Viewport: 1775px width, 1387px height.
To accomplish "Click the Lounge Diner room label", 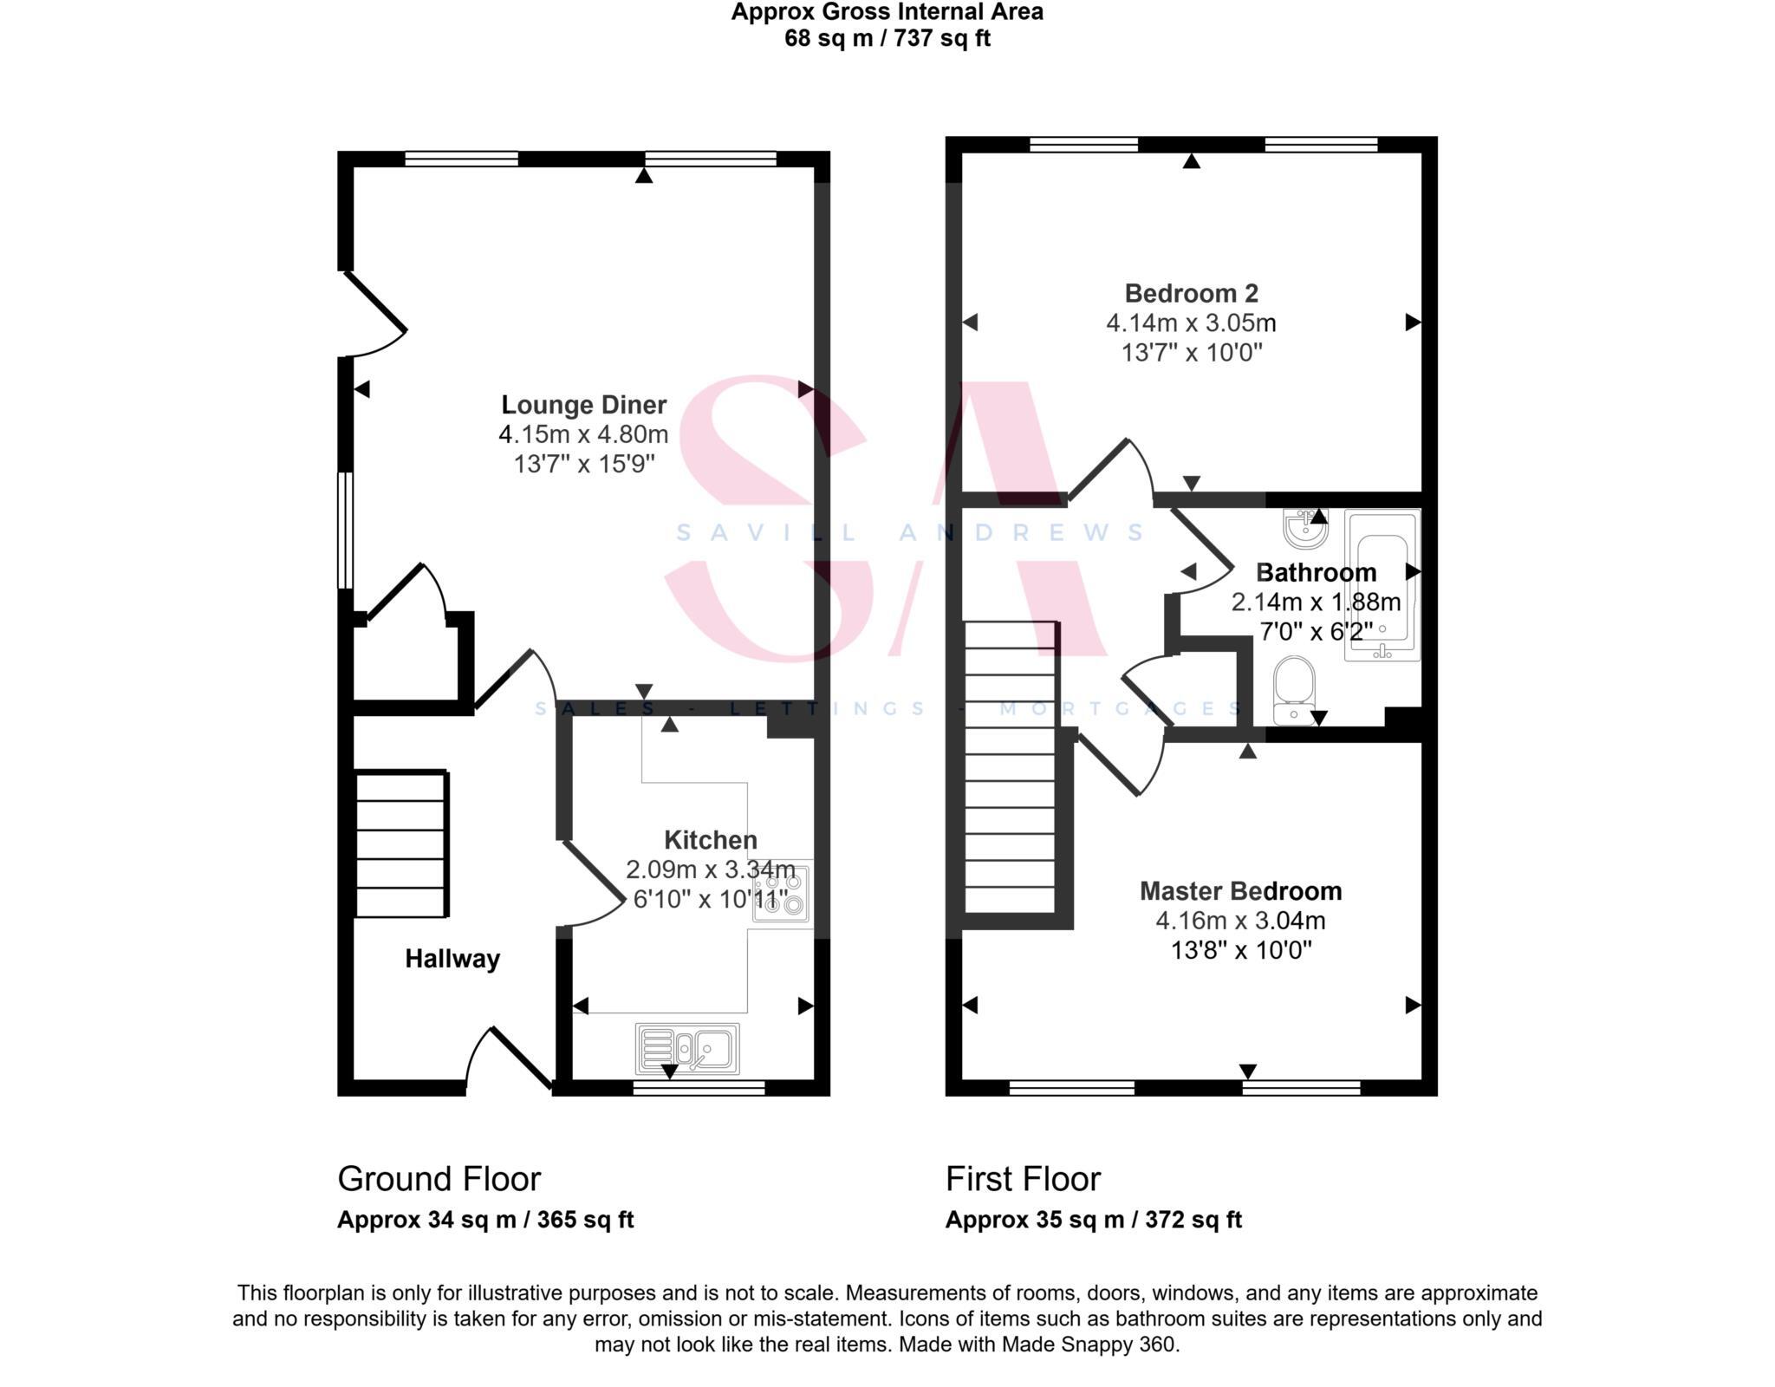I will click(583, 405).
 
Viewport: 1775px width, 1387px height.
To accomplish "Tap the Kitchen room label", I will click(711, 840).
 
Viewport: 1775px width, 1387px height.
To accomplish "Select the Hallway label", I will click(452, 959).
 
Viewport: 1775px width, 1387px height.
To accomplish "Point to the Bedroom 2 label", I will click(1191, 293).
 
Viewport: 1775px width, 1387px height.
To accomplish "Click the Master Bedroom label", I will click(1240, 891).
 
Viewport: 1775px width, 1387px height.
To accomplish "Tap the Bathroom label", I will click(1316, 573).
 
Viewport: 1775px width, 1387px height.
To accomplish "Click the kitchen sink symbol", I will click(687, 1049).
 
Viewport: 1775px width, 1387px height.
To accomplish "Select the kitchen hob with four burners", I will click(781, 893).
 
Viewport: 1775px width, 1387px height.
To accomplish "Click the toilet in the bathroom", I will click(1294, 689).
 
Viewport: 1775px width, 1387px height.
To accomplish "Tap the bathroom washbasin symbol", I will click(1304, 529).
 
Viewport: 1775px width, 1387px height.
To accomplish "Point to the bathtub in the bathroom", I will click(1382, 585).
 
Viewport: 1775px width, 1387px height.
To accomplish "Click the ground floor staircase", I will click(401, 843).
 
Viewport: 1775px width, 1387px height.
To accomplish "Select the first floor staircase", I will click(1011, 767).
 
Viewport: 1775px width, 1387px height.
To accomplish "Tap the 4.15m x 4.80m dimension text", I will click(583, 434).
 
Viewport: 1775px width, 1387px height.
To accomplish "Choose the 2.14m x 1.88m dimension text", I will click(1316, 602).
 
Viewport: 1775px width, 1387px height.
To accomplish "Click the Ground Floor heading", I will click(439, 1179).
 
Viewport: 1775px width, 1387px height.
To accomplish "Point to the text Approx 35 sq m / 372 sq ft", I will click(1093, 1220).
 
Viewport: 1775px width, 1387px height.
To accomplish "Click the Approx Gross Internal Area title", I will click(887, 12).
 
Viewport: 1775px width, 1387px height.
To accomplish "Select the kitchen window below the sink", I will click(699, 1088).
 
